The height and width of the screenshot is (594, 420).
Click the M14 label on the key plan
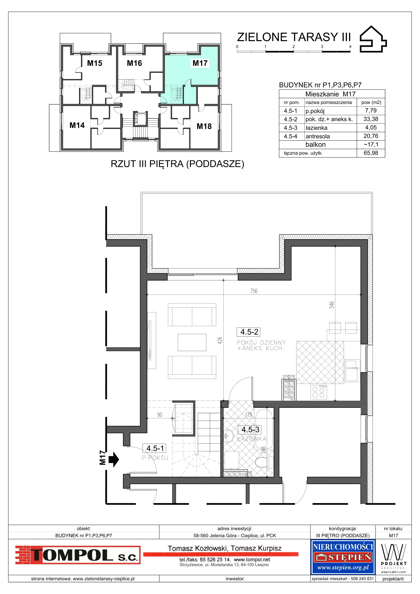pyautogui.click(x=77, y=125)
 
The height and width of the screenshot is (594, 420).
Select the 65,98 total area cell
pyautogui.click(x=371, y=153)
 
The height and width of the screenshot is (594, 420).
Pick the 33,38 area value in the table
pyautogui.click(x=371, y=119)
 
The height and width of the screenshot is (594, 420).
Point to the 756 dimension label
pyautogui.click(x=254, y=291)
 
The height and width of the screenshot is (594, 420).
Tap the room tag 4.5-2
pyautogui.click(x=249, y=332)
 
